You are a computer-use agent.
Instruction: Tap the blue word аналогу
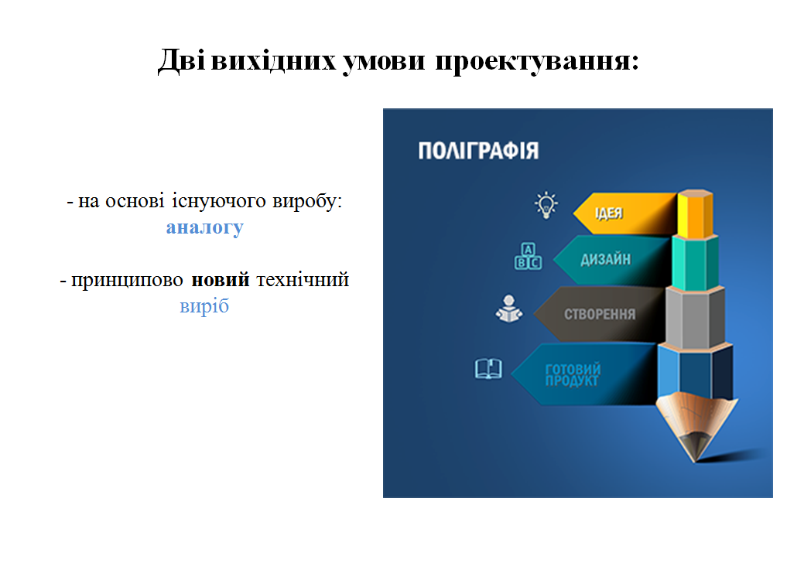pyautogui.click(x=205, y=227)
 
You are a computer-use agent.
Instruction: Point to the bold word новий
pyautogui.click(x=221, y=279)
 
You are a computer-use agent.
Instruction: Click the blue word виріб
pyautogui.click(x=204, y=305)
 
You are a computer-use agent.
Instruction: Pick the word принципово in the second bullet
pyautogui.click(x=127, y=281)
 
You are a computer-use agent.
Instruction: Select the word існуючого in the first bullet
pyautogui.click(x=219, y=201)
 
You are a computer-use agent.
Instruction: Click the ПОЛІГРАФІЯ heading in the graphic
pyautogui.click(x=478, y=151)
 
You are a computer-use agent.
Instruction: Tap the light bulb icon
pyautogui.click(x=546, y=205)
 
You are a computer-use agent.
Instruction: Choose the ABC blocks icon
pyautogui.click(x=528, y=256)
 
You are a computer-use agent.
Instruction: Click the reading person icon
pyautogui.click(x=509, y=309)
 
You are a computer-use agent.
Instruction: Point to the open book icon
pyautogui.click(x=488, y=369)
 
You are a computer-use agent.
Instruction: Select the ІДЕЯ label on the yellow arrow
pyautogui.click(x=609, y=213)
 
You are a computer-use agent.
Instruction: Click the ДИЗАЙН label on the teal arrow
pyautogui.click(x=605, y=259)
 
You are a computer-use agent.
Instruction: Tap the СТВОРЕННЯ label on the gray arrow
pyautogui.click(x=600, y=314)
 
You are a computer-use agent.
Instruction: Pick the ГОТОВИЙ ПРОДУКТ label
pyautogui.click(x=573, y=375)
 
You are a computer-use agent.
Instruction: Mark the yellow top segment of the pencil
pyautogui.click(x=695, y=213)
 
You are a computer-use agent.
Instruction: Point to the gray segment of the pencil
pyautogui.click(x=695, y=318)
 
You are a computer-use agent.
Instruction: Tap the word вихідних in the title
pyautogui.click(x=273, y=60)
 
